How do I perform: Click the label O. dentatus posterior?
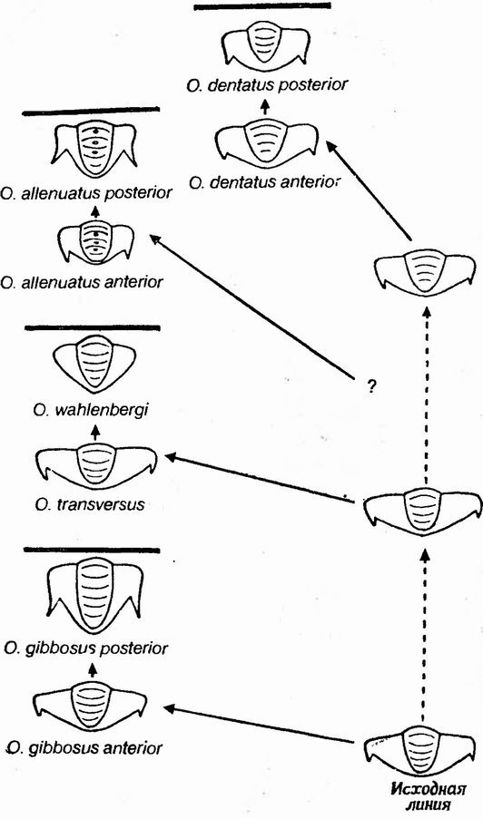click(x=266, y=84)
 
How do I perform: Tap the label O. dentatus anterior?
click(x=264, y=183)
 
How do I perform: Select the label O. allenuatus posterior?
click(x=86, y=193)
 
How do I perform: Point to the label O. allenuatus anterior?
click(x=82, y=283)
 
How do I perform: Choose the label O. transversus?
click(x=90, y=504)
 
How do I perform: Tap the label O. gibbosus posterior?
click(x=85, y=648)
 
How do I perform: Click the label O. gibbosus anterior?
click(x=84, y=748)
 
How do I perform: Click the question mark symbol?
click(x=371, y=387)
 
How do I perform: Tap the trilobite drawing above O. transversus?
click(x=96, y=464)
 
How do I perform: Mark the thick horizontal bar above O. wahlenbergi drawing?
click(x=92, y=328)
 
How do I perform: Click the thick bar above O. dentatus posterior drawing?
click(x=262, y=6)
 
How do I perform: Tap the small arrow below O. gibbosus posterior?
click(x=94, y=669)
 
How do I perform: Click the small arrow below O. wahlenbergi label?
click(x=94, y=431)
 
